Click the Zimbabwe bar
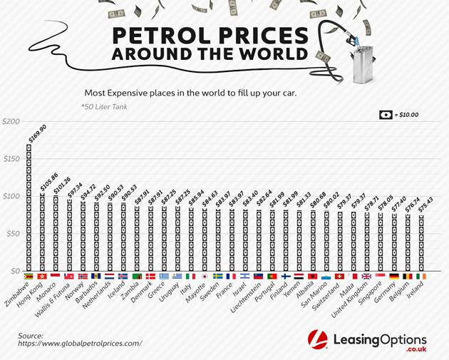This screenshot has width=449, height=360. pos(29,207)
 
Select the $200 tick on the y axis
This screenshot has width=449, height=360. pos(11,121)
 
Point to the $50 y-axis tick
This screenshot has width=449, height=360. pos(12,233)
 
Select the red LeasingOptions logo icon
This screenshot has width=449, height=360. pos(317,341)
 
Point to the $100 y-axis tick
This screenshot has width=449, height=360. pos(11,196)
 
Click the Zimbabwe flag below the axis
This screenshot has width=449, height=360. pos(29,276)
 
